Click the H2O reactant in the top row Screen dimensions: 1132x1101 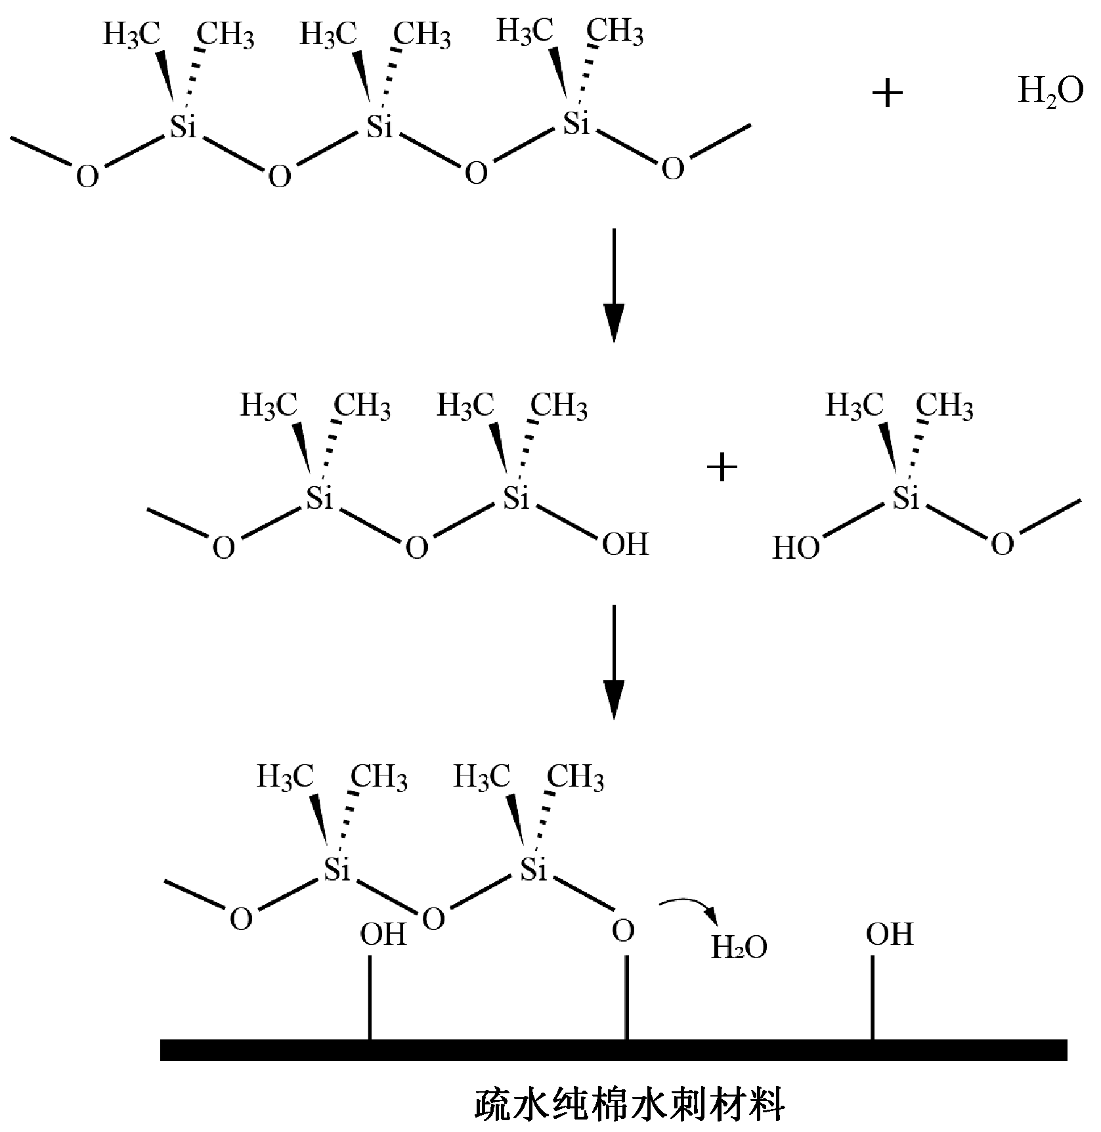1050,92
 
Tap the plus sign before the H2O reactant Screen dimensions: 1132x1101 887,94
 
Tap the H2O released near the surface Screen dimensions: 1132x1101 739,947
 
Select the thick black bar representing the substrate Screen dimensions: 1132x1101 613,1049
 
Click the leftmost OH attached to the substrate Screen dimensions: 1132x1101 383,934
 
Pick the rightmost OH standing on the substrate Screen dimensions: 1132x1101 890,934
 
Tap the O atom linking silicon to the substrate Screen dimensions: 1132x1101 624,930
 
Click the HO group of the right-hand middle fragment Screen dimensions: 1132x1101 796,548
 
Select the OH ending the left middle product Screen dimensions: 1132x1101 625,544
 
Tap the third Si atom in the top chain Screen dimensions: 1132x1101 577,123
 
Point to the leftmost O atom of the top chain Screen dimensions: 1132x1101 87,177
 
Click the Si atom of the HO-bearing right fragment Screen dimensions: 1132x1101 907,500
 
